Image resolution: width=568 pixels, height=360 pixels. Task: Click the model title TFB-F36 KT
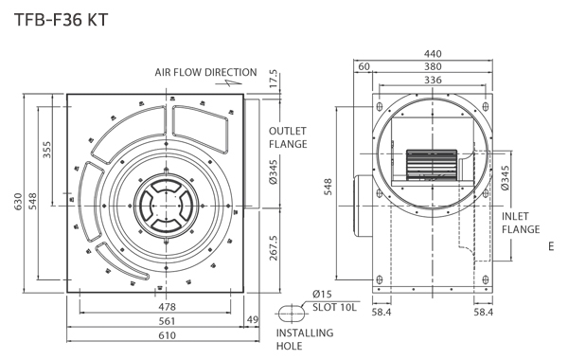[x=61, y=20]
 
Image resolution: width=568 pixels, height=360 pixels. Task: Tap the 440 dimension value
[x=433, y=54]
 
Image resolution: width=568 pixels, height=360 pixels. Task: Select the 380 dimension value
[x=433, y=66]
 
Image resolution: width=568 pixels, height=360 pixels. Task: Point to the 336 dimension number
[x=433, y=80]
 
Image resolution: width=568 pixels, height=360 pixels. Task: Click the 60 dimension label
[x=364, y=66]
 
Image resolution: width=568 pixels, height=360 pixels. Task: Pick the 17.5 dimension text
[x=274, y=79]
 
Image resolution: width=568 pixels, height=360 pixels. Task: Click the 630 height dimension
[x=18, y=202]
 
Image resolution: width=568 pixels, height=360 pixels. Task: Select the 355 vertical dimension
[x=47, y=150]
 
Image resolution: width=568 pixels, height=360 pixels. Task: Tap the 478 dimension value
[x=167, y=307]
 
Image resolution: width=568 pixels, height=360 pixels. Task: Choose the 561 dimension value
[x=167, y=321]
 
